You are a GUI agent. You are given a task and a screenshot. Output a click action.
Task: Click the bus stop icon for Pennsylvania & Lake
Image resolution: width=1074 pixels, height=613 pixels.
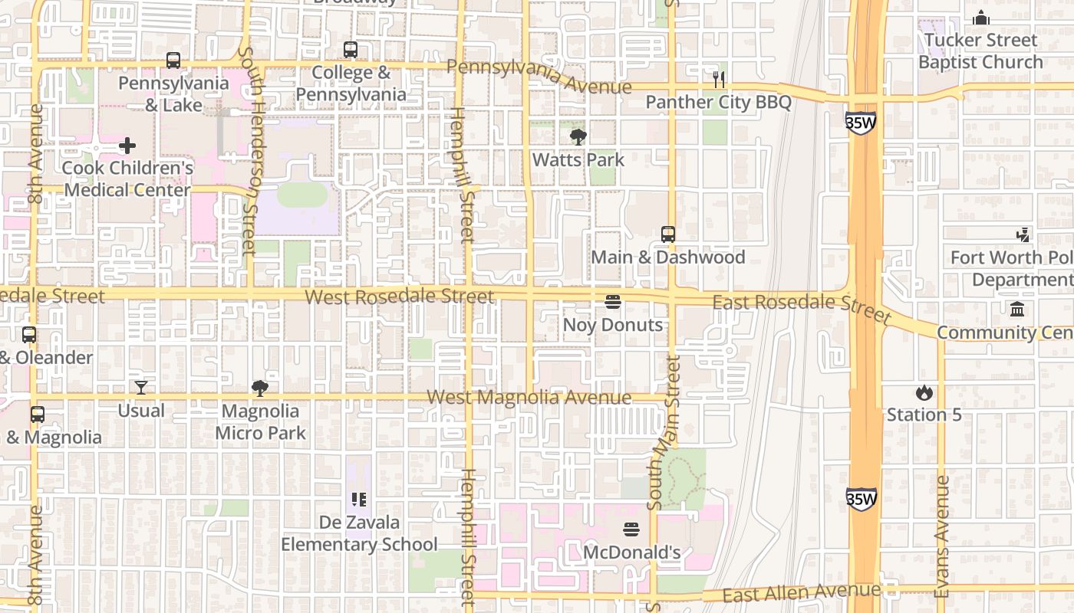(173, 60)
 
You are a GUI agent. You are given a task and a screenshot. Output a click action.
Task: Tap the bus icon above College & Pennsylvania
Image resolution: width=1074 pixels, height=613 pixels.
(351, 50)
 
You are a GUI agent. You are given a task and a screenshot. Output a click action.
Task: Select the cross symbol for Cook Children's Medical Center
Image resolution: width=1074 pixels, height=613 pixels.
(127, 145)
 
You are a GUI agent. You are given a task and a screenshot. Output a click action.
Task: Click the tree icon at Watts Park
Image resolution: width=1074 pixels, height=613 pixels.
(578, 137)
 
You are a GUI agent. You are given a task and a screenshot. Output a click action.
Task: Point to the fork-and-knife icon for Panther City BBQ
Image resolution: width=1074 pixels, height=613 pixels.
(719, 79)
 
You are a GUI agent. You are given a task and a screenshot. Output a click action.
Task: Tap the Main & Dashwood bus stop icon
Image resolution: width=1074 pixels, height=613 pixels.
(668, 234)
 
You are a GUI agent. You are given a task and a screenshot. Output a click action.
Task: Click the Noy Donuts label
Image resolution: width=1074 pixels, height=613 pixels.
(612, 325)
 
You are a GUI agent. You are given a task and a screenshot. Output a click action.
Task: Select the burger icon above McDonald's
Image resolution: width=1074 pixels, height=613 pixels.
(631, 529)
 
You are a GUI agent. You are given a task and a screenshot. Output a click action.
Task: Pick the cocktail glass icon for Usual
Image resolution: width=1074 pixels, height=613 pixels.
(141, 388)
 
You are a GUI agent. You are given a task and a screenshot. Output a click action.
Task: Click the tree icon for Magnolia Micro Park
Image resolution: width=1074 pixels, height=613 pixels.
(260, 388)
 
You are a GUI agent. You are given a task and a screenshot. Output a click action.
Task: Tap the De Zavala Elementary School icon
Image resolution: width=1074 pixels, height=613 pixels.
(359, 500)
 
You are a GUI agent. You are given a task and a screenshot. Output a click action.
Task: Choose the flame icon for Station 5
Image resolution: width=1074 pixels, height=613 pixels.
(924, 392)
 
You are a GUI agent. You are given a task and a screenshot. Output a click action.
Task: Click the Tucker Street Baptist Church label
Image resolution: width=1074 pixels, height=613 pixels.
(980, 51)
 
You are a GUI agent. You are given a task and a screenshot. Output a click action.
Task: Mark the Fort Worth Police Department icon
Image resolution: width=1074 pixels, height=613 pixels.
(1023, 234)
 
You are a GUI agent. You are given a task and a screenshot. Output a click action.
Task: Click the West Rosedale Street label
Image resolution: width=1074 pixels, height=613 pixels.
(399, 296)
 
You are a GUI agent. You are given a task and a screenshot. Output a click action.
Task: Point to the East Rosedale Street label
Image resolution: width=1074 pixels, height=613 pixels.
(802, 306)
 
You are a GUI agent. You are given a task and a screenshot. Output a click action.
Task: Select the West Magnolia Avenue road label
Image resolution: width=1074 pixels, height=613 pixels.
(529, 397)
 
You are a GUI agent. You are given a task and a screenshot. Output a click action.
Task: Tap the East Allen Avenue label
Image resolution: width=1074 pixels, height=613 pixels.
(801, 592)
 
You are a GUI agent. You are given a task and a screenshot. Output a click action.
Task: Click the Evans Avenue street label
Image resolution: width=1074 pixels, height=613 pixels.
(942, 536)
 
